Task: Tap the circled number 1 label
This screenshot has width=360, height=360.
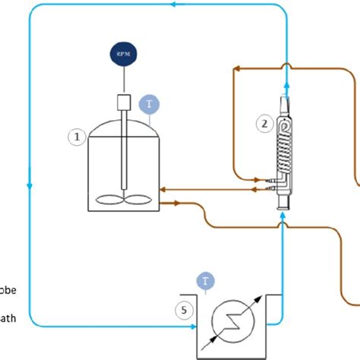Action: coord(76,137)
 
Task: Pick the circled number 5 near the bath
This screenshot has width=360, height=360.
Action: coord(182,310)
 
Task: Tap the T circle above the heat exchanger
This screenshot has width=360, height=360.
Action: coord(206,282)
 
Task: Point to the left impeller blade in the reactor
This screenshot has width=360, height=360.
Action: coord(108,201)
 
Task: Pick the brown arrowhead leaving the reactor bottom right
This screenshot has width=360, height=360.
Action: coord(175,204)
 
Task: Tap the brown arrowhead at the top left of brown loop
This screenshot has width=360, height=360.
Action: coord(238,68)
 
